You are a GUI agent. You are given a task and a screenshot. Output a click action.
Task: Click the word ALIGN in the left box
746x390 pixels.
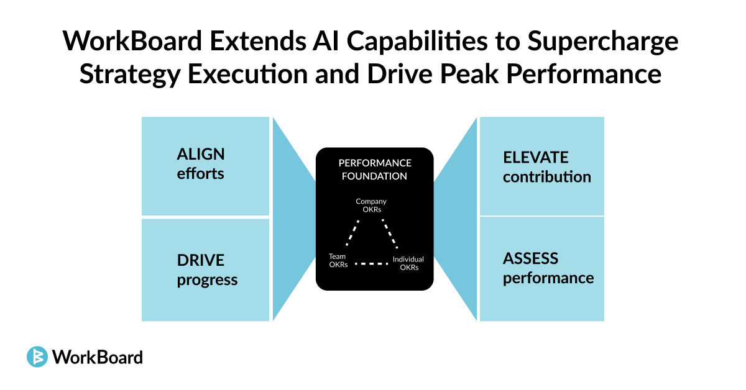(201, 154)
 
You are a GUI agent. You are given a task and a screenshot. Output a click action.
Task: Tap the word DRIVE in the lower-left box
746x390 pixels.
(200, 260)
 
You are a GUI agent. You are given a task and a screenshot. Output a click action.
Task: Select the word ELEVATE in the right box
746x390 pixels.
(536, 158)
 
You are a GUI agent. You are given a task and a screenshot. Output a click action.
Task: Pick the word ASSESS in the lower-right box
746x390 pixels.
(530, 258)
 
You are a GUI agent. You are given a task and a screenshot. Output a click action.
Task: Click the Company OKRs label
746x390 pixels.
(371, 206)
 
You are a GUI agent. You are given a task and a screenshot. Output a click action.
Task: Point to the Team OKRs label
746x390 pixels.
(338, 260)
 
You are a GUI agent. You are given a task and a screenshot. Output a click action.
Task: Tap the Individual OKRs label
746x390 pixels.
(408, 263)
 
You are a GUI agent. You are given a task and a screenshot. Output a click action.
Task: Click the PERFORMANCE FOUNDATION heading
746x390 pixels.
(374, 170)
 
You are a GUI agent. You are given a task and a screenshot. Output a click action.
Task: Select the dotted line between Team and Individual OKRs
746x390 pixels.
(371, 265)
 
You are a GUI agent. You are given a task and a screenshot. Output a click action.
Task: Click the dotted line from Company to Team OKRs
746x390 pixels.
(352, 235)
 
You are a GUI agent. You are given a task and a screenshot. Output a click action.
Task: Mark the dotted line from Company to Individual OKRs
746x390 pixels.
(390, 235)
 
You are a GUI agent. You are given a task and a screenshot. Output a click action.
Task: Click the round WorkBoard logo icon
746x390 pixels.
(37, 356)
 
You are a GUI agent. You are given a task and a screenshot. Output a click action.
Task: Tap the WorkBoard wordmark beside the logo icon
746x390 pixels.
(98, 357)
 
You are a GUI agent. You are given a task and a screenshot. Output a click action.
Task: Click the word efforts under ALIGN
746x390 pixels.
(200, 174)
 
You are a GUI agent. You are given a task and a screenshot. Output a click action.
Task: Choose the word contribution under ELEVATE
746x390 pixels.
(547, 177)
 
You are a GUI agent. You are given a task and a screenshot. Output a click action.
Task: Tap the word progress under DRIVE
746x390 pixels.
(207, 280)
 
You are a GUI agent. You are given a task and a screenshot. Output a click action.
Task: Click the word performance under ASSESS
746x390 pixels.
(548, 278)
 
